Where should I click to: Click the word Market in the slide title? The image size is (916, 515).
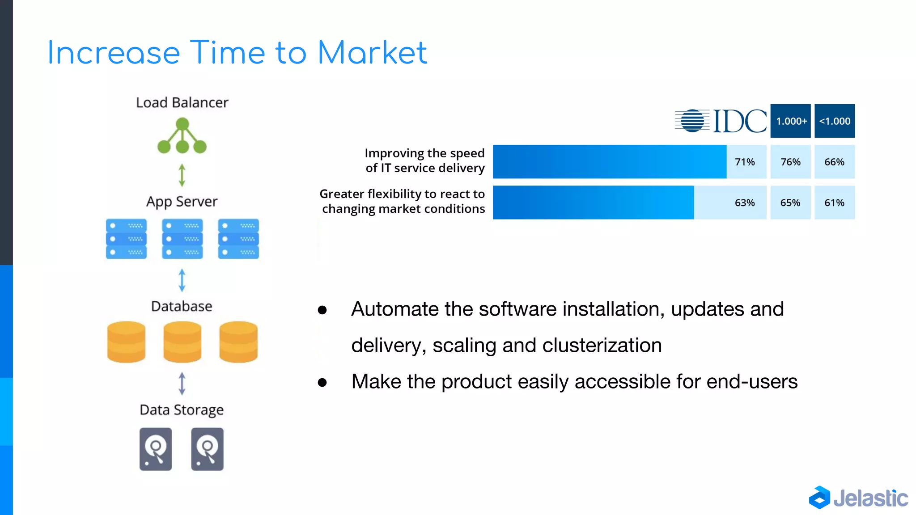tap(372, 53)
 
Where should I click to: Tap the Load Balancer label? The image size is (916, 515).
tap(182, 102)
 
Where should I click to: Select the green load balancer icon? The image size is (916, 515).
tap(182, 136)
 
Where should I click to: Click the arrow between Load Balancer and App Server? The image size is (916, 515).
tap(182, 175)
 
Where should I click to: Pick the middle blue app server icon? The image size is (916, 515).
tap(182, 239)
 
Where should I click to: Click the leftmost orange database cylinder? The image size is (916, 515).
tap(126, 342)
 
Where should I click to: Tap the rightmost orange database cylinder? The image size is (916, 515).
tap(238, 342)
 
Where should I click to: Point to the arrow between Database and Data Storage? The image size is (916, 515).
tap(182, 384)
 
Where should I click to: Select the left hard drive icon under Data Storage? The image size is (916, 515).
tap(155, 449)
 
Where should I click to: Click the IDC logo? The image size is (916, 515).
tap(721, 121)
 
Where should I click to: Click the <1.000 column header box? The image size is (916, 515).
tap(834, 121)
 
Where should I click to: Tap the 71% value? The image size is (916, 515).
tap(745, 162)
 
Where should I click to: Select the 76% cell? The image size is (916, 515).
tap(790, 162)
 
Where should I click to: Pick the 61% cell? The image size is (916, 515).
tap(834, 203)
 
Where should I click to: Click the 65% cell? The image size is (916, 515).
tap(790, 203)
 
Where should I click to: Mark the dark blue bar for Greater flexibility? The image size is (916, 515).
tap(593, 203)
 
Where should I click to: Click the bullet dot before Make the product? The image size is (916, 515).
tap(322, 382)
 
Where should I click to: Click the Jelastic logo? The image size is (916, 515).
tap(858, 498)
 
